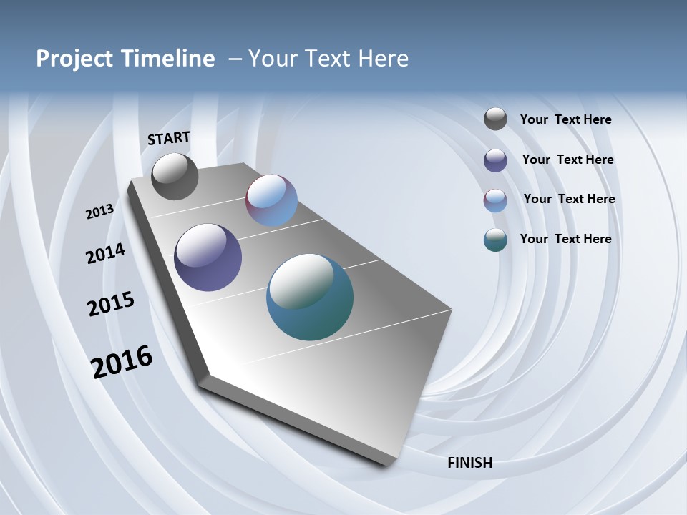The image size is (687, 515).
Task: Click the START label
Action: click(x=169, y=138)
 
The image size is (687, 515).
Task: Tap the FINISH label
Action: click(x=469, y=463)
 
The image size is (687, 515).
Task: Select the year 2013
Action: click(x=99, y=212)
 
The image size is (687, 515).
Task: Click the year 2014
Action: click(x=105, y=253)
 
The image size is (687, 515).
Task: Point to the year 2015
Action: click(x=111, y=304)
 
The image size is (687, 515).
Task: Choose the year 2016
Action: click(x=122, y=362)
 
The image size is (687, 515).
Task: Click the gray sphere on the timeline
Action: click(x=175, y=177)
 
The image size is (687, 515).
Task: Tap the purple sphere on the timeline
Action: click(x=208, y=257)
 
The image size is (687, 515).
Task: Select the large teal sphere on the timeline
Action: click(x=310, y=297)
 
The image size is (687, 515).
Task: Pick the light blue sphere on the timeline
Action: click(x=271, y=200)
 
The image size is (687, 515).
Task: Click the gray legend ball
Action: click(x=495, y=119)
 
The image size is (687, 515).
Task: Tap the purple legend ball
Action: click(x=495, y=160)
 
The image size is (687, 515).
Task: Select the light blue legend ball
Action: click(x=495, y=200)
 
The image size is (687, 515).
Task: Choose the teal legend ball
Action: click(x=495, y=240)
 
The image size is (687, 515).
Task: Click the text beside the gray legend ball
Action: click(x=565, y=120)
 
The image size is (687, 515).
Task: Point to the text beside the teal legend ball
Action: click(x=565, y=239)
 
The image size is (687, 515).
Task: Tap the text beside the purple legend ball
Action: click(x=567, y=160)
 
